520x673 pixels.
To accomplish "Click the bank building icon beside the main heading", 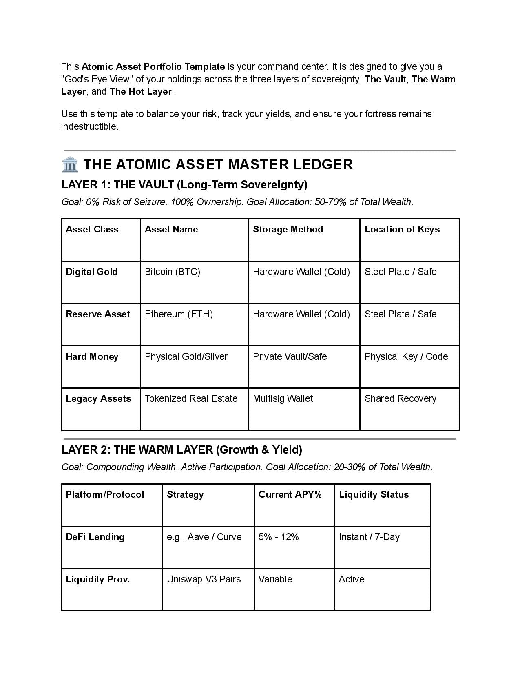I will pos(70,164).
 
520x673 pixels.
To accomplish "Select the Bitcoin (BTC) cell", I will pos(173,272).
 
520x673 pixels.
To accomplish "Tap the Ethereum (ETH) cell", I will pos(179,314).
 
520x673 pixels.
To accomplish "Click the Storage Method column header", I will pos(288,229).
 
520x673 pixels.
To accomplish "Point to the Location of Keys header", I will pos(402,229).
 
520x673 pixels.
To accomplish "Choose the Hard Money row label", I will pos(92,356).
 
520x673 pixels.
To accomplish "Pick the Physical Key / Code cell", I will pos(406,356).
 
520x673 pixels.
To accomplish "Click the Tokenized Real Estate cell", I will pos(191,398).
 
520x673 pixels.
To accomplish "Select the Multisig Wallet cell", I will pos(283,398).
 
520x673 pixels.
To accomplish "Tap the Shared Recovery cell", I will pos(400,398).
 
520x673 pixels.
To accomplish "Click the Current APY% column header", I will pos(290,494).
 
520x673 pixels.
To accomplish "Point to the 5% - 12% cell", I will pos(279,537).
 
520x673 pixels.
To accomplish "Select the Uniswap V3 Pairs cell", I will pos(204,579).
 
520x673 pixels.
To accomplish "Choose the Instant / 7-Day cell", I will pos(369,537).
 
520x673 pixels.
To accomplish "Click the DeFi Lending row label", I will pos(95,537).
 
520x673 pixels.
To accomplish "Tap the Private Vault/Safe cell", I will pos(290,356).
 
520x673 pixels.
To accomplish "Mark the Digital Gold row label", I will pos(91,272).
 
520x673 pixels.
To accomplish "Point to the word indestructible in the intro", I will pos(89,126).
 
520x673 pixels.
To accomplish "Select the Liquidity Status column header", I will pos(374,494).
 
